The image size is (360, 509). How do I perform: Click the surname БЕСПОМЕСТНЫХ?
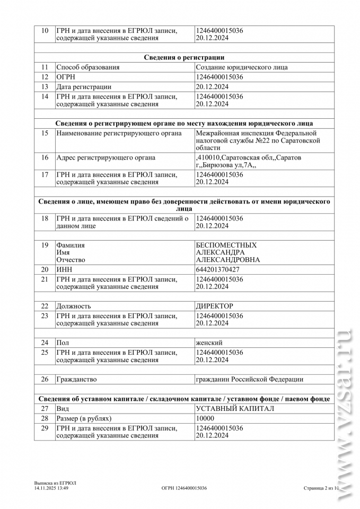pos(226,245)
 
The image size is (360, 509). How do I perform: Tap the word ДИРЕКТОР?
pos(215,306)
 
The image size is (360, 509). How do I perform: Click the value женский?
pos(209,343)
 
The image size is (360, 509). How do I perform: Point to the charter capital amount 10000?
pos(205,418)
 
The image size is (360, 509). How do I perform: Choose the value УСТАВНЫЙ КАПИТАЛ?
pos(235,409)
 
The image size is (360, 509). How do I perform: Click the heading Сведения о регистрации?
pos(184,57)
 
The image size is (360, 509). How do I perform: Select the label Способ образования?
pos(88,67)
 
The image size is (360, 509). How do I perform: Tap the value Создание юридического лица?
pos(242,67)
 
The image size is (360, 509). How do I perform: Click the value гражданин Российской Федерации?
pos(250,379)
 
